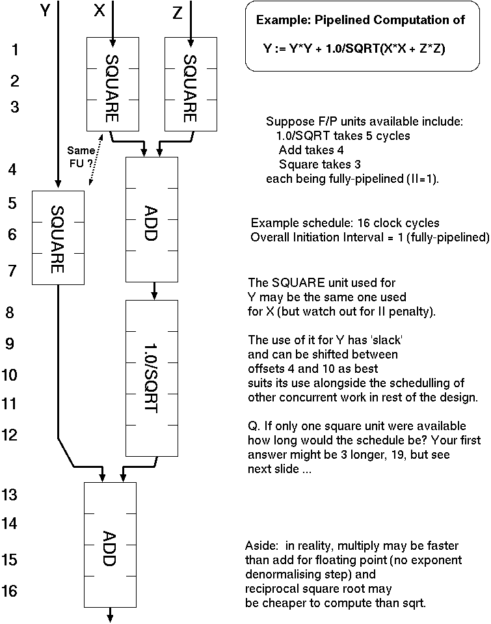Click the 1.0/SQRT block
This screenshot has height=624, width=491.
point(152,377)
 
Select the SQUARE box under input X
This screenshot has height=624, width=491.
point(113,83)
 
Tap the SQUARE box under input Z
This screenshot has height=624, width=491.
point(191,83)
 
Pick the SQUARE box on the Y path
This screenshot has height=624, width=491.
point(58,237)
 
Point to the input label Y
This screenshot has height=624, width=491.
point(44,12)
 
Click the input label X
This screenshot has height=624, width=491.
point(99,12)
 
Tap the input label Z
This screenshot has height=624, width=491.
point(178,12)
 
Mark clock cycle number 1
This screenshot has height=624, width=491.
point(15,49)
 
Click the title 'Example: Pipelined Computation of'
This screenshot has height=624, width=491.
point(360,20)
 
